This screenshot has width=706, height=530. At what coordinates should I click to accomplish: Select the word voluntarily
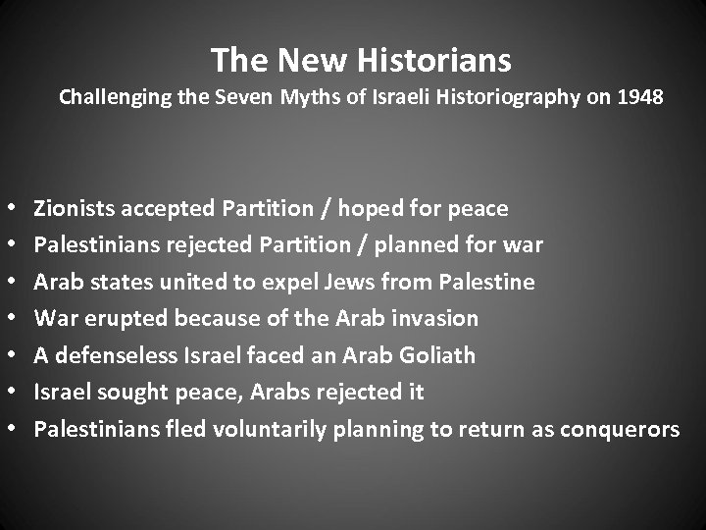[x=263, y=429]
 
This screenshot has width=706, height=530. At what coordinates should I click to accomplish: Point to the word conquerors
[x=617, y=430]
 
